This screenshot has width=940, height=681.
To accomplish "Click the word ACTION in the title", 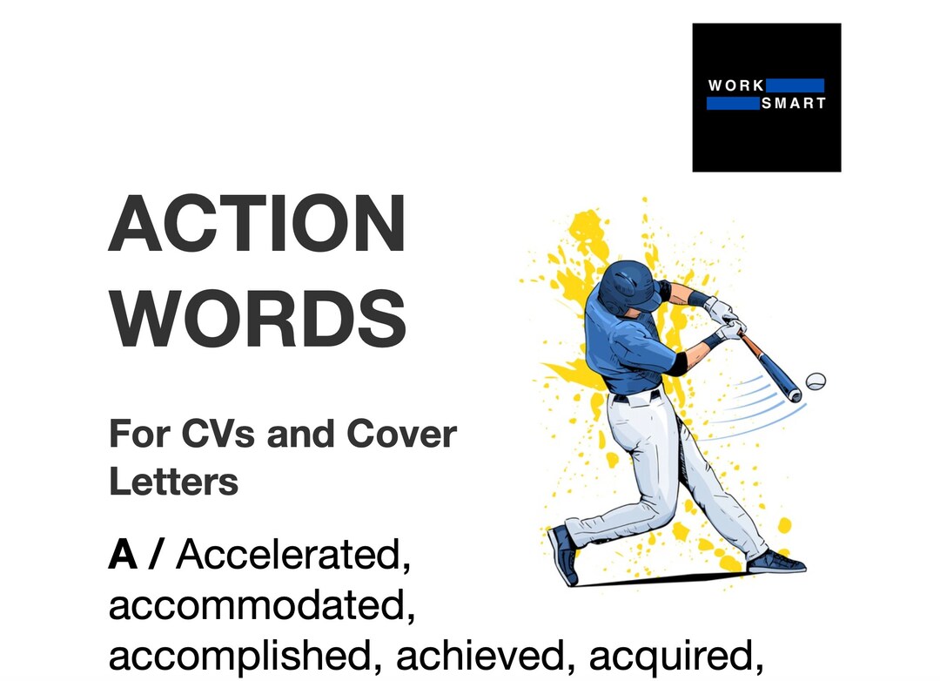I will click(x=258, y=224).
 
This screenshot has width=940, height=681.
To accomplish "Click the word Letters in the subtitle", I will click(x=173, y=481).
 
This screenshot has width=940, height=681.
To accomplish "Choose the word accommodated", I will click(x=261, y=607).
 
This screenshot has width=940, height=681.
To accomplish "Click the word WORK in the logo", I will click(x=736, y=85).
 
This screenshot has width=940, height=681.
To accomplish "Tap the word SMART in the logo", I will click(x=793, y=104).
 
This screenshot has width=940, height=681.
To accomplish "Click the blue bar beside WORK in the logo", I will click(x=795, y=85).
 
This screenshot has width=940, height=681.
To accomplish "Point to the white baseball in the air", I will click(x=816, y=381).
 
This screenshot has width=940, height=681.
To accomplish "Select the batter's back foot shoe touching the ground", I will click(x=776, y=562).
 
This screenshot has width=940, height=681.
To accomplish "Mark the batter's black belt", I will click(x=635, y=397).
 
